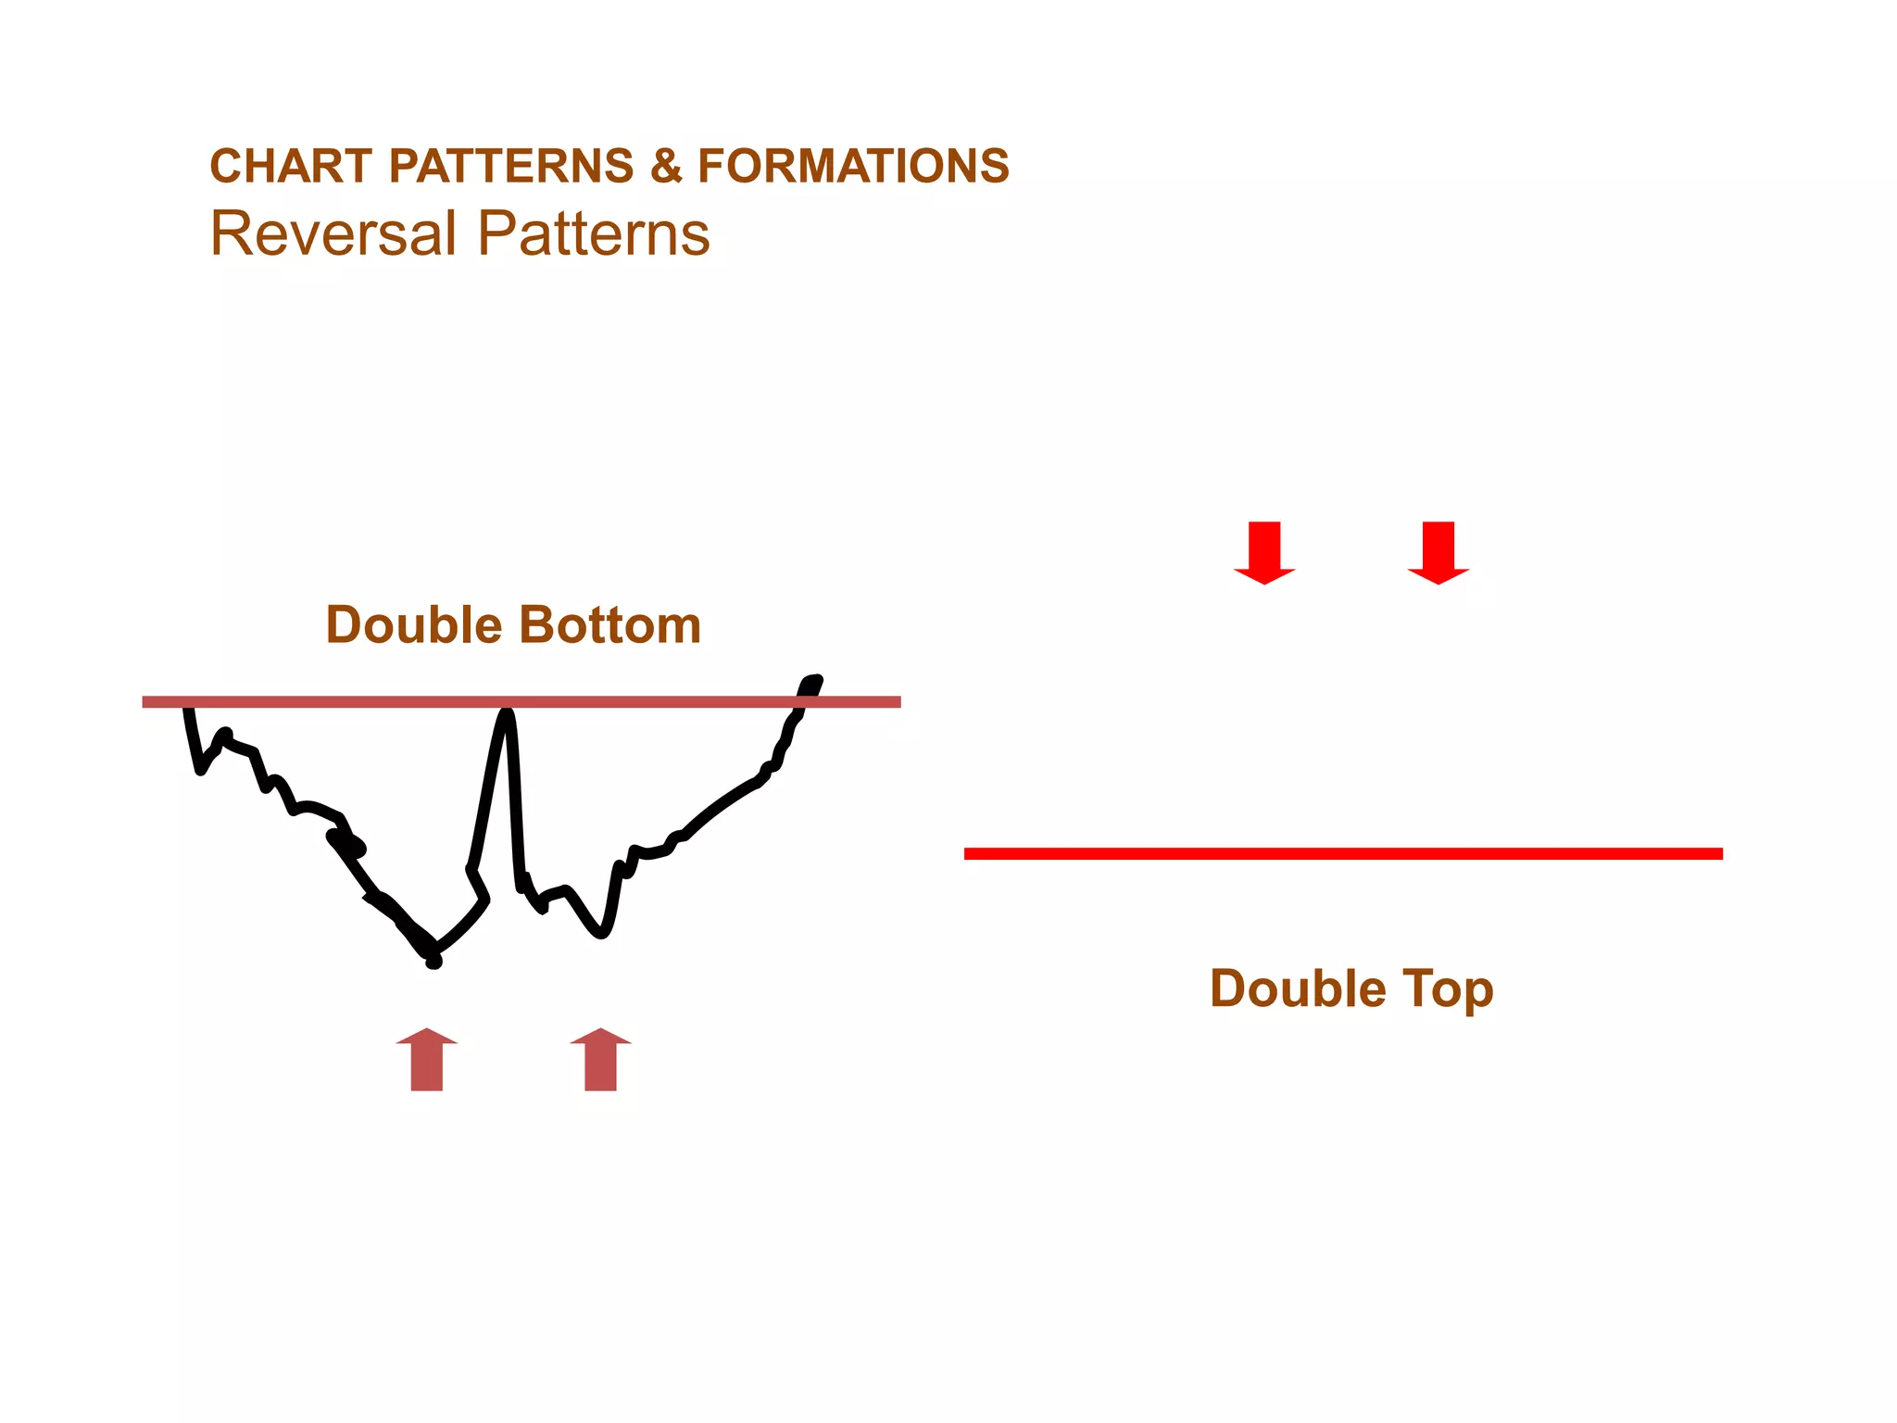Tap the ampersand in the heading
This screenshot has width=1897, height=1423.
[665, 167]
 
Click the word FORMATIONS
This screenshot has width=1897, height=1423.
[853, 167]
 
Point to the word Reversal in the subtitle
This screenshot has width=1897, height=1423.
[333, 233]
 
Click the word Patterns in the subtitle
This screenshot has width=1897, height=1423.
[594, 233]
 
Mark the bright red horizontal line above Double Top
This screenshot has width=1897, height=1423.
[1343, 853]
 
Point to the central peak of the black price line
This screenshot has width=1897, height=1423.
[507, 713]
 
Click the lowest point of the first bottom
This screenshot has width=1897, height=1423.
[433, 963]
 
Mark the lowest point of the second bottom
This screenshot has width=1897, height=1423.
[602, 934]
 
